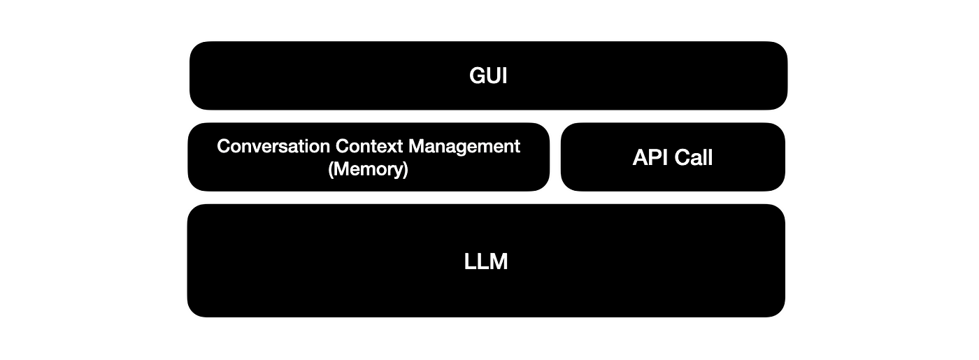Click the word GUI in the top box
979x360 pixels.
click(488, 75)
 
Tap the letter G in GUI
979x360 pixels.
click(477, 75)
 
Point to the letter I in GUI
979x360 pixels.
click(504, 75)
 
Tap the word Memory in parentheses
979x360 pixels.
click(368, 169)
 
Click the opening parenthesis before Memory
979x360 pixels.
click(331, 170)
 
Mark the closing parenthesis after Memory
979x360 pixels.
click(405, 170)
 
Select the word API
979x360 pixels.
click(650, 157)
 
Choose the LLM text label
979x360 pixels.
click(486, 262)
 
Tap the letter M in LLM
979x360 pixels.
click(498, 262)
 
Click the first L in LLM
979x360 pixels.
click(470, 262)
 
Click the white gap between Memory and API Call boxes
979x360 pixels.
click(555, 157)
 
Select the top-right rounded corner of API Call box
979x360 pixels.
click(778, 129)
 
